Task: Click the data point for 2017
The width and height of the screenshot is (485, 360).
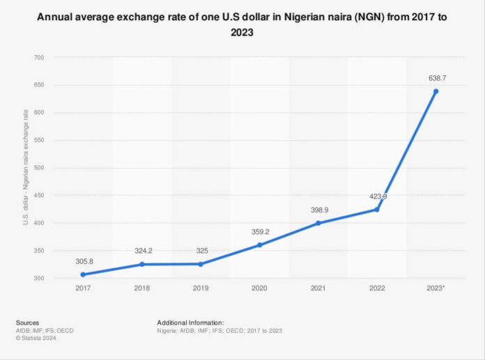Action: click(83, 274)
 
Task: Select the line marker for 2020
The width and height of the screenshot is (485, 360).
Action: click(260, 245)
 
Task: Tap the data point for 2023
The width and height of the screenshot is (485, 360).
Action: click(436, 91)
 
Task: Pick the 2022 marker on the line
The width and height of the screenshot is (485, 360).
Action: click(377, 209)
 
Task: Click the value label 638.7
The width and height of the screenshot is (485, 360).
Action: click(436, 78)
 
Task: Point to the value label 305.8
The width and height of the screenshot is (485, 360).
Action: click(83, 261)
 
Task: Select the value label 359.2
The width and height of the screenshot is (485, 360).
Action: click(260, 232)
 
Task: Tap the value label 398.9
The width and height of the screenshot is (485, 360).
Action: click(318, 210)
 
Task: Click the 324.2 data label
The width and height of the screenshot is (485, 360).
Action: click(142, 251)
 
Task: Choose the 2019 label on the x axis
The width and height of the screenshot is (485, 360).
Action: click(201, 287)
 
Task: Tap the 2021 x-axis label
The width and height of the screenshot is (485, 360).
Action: click(318, 287)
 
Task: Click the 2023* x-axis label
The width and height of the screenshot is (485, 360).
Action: click(436, 287)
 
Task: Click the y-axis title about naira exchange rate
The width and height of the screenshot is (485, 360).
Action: click(26, 168)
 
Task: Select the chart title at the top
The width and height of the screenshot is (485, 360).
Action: click(242, 24)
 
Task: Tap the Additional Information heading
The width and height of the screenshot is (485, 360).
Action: click(190, 323)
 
